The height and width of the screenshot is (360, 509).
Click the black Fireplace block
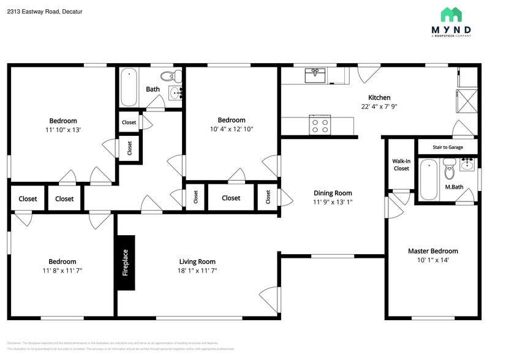[x=126, y=263]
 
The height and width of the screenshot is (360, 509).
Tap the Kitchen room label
[x=379, y=97]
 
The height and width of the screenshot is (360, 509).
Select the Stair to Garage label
[x=448, y=147]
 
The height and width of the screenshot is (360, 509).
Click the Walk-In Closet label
[x=401, y=165]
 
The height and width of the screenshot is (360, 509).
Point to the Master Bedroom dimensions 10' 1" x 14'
[x=432, y=260]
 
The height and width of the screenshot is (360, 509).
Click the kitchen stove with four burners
[x=320, y=126]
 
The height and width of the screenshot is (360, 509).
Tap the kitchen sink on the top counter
[x=315, y=75]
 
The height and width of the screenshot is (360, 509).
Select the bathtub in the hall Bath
[x=129, y=88]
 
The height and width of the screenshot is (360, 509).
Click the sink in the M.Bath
[x=467, y=164]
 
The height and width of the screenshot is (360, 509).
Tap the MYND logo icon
[x=451, y=15]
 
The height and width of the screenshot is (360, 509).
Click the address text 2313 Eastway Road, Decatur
[x=45, y=12]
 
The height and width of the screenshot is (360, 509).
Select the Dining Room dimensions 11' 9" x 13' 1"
[x=333, y=202]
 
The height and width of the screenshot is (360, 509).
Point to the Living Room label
[x=197, y=261]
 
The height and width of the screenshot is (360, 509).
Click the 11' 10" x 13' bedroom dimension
[x=63, y=130]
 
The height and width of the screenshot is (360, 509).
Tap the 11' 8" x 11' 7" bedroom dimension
[x=62, y=271]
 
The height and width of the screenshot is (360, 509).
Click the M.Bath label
[x=453, y=187]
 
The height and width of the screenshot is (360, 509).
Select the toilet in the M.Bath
[x=450, y=167]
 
